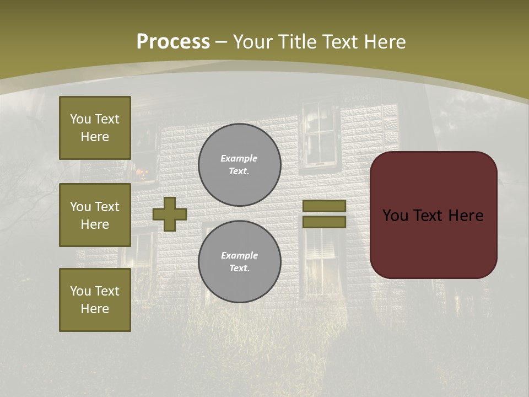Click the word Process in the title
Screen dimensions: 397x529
[173, 42]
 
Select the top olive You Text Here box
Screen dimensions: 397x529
[95, 128]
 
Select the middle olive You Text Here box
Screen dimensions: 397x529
[95, 215]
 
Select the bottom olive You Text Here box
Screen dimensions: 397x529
[95, 300]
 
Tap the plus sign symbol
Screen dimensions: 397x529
[169, 214]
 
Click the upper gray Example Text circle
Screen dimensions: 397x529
[239, 165]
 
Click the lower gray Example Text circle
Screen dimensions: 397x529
[239, 262]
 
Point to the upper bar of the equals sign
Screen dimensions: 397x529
[324, 206]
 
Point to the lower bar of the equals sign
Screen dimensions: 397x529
[324, 222]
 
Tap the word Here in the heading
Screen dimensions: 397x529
[382, 42]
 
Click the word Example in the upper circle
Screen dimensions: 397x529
[239, 158]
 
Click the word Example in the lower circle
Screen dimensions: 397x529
[239, 255]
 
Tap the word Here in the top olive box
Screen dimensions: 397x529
[95, 137]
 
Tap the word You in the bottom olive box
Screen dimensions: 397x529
[80, 291]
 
